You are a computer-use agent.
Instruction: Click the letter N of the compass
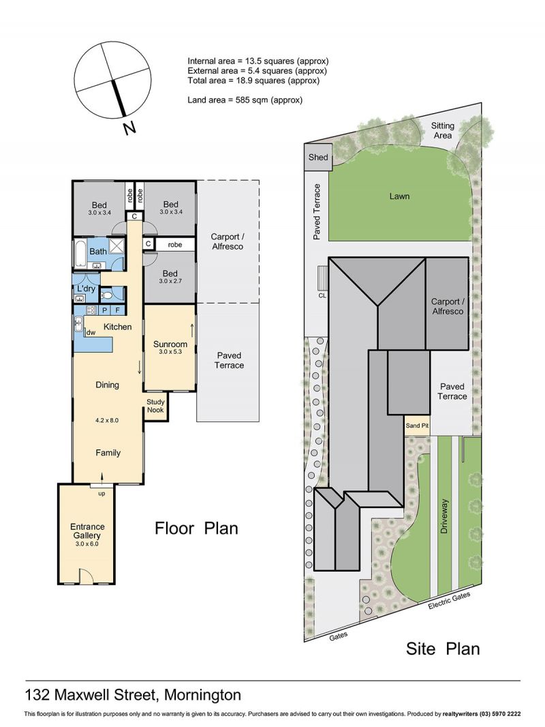(129, 128)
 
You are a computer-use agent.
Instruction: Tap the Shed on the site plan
(318, 157)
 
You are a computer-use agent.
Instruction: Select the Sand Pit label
(417, 425)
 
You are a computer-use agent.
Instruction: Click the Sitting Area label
(443, 130)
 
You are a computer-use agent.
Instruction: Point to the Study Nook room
(155, 407)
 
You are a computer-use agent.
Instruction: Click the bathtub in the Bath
(80, 254)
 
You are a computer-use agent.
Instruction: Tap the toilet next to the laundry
(106, 295)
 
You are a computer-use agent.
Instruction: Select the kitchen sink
(78, 323)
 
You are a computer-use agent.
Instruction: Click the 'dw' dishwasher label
(91, 332)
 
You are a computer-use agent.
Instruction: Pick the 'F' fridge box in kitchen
(118, 310)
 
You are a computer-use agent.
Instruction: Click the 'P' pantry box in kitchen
(105, 310)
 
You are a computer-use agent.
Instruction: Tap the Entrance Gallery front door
(87, 576)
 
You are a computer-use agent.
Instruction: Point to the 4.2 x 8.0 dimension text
(107, 421)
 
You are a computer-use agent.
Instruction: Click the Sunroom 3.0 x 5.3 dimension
(170, 352)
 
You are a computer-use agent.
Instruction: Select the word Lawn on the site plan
(400, 196)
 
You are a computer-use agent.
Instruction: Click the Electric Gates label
(449, 601)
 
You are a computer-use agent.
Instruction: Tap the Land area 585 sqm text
(245, 100)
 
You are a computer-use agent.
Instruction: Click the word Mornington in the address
(203, 695)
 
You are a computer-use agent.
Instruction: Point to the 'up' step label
(102, 494)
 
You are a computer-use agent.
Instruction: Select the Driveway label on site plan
(445, 516)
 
